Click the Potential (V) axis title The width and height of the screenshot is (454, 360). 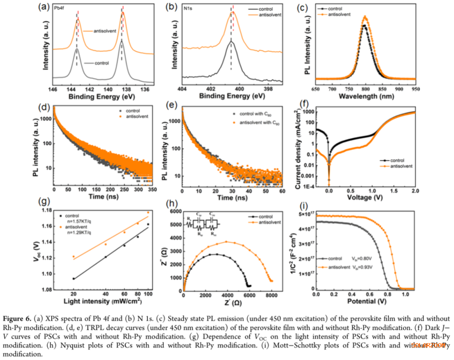coord(366,301)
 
